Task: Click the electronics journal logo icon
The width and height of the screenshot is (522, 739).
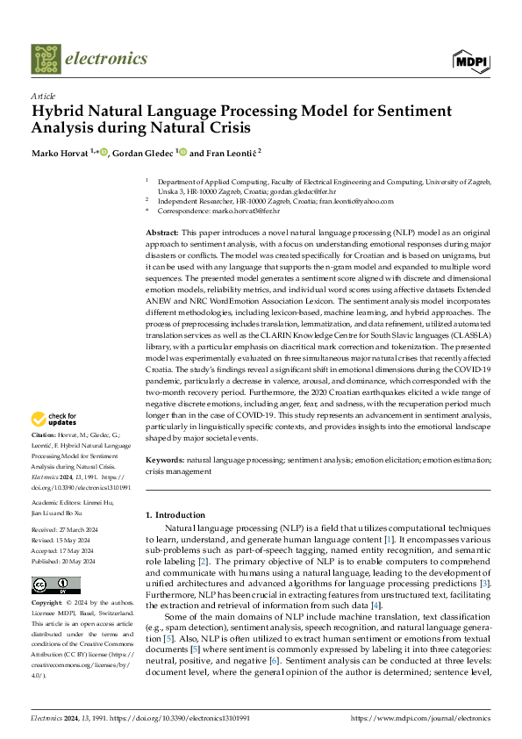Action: [x=45, y=60]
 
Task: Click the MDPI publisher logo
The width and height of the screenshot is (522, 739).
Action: [x=469, y=60]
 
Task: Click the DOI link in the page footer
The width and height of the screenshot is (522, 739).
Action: [x=177, y=717]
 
